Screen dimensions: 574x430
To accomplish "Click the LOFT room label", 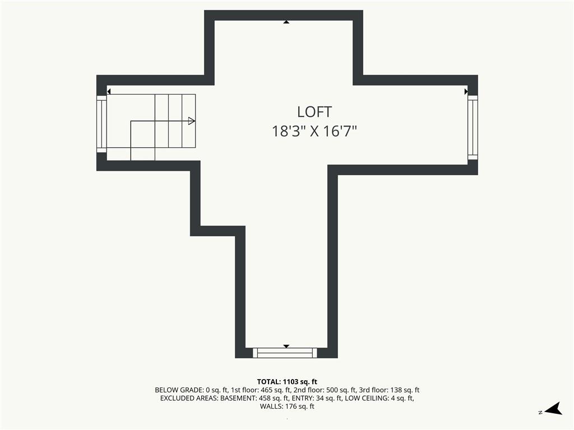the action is (x=314, y=112).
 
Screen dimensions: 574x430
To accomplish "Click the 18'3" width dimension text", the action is (x=289, y=131).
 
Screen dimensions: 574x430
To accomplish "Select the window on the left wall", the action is (x=101, y=124).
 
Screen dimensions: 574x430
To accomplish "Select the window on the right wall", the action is (x=473, y=127).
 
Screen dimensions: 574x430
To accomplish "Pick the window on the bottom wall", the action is (x=285, y=353).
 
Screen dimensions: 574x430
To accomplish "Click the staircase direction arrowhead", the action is (x=192, y=121).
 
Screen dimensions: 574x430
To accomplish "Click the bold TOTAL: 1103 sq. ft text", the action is (x=287, y=382).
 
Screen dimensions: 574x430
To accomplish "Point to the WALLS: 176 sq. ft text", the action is (x=287, y=406).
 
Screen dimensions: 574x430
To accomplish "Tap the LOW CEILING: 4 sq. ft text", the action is (x=379, y=398).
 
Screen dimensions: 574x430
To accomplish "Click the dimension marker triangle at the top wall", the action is (x=286, y=22).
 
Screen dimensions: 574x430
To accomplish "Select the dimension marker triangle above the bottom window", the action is (x=286, y=346).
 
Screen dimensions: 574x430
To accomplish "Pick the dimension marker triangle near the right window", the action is (x=466, y=91).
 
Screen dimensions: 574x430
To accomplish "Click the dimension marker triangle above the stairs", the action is (x=109, y=91).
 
